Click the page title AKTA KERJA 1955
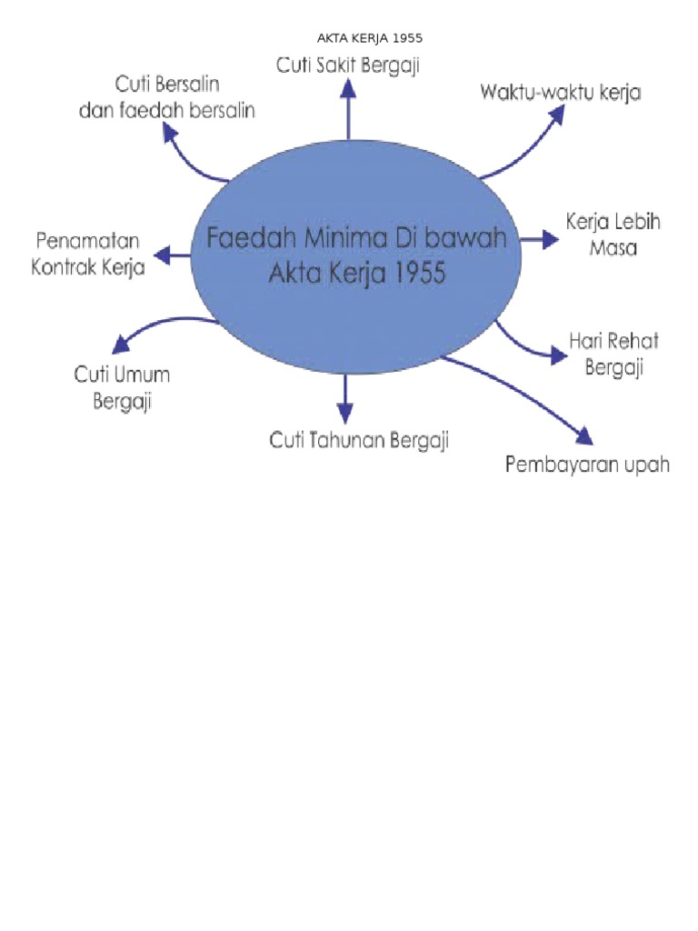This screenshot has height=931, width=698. [x=369, y=38]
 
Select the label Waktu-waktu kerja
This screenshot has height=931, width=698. [x=561, y=92]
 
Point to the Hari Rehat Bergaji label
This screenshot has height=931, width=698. [x=613, y=354]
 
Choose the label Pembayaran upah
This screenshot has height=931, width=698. [x=587, y=465]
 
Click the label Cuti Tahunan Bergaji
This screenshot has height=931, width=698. [x=359, y=441]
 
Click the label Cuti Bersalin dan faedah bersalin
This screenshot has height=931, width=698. [x=184, y=98]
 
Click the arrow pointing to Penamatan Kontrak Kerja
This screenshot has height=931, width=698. [x=173, y=255]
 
